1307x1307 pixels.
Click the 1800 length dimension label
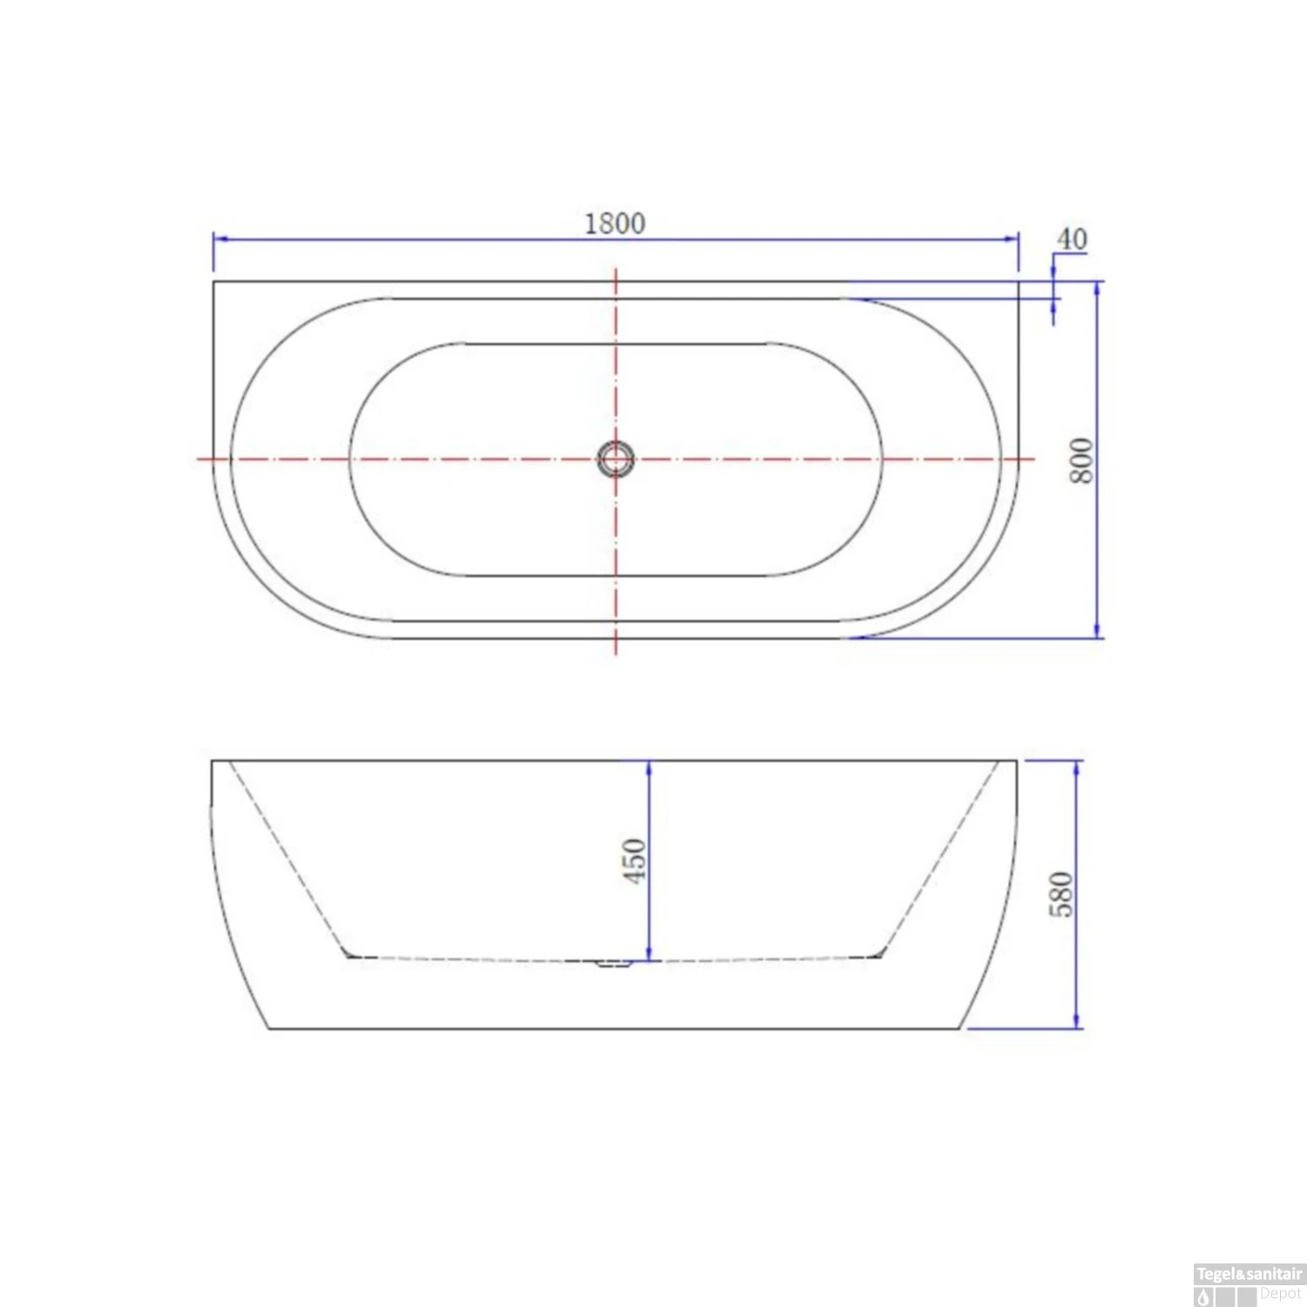click(614, 224)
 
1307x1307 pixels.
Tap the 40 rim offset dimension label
click(1072, 239)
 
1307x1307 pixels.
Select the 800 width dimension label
click(1080, 460)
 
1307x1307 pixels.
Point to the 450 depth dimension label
click(634, 860)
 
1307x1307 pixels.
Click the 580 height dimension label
click(1060, 894)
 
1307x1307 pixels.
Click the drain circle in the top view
click(615, 458)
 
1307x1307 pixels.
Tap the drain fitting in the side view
click(613, 963)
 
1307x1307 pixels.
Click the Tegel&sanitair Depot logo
click(1249, 1284)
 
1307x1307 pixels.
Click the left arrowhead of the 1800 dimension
click(219, 239)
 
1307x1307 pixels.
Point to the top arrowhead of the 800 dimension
click(1097, 288)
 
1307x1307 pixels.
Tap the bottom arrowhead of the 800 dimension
click(1097, 632)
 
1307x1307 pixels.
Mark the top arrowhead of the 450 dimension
click(649, 767)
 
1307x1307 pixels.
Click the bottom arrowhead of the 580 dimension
click(1078, 1022)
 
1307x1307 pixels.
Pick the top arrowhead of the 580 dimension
click(1078, 767)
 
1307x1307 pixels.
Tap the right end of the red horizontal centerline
click(1033, 458)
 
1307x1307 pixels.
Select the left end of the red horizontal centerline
click(199, 458)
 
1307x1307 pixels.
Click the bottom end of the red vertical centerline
click(616, 653)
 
